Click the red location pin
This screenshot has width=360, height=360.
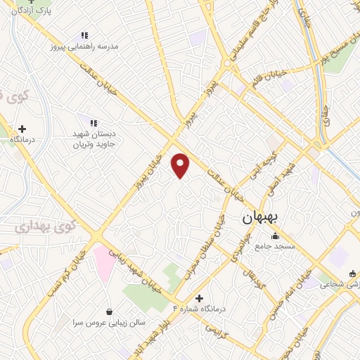coord(181,165)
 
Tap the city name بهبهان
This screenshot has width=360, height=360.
coord(260,219)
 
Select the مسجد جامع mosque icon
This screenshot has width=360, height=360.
coord(274,236)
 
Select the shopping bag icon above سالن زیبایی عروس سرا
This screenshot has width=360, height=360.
coord(109,311)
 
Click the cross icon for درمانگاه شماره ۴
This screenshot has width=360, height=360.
coord(200,298)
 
